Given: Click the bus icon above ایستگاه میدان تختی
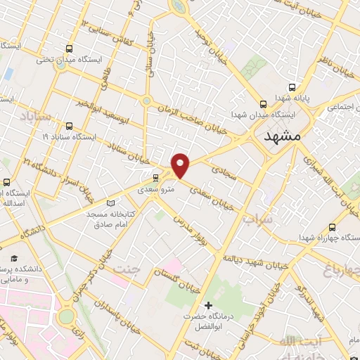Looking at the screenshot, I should [69, 49].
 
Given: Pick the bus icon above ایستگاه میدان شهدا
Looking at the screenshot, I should [263, 103].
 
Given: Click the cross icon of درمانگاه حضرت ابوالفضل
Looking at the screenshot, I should [207, 305].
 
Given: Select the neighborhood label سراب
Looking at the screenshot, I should [257, 220].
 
